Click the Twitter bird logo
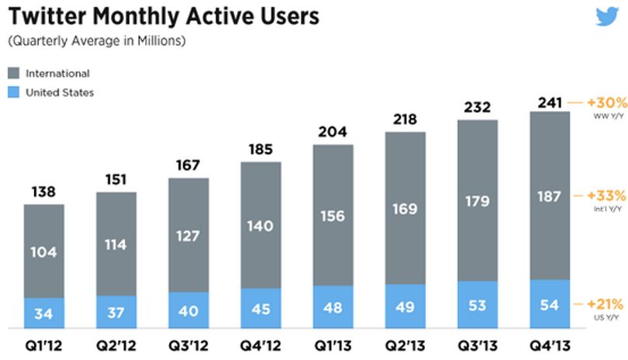click(x=607, y=16)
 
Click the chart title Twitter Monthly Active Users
click(x=164, y=16)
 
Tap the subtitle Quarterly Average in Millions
click(x=96, y=41)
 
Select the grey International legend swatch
click(x=14, y=73)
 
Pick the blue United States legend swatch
click(x=14, y=92)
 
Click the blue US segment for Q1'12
click(x=44, y=313)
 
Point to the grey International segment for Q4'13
click(x=550, y=196)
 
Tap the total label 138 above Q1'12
click(x=43, y=192)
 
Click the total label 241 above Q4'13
click(x=550, y=102)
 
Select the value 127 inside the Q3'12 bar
click(x=188, y=236)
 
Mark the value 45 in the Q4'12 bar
click(x=261, y=309)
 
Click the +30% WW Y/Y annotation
click(x=607, y=107)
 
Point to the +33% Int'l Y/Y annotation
click(x=606, y=200)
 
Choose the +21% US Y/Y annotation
click(x=605, y=309)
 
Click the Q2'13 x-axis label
click(x=405, y=345)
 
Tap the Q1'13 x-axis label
click(x=333, y=345)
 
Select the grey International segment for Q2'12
click(x=116, y=244)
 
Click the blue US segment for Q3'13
click(x=478, y=305)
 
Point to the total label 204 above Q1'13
click(x=333, y=132)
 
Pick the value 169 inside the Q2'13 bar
click(x=405, y=209)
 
